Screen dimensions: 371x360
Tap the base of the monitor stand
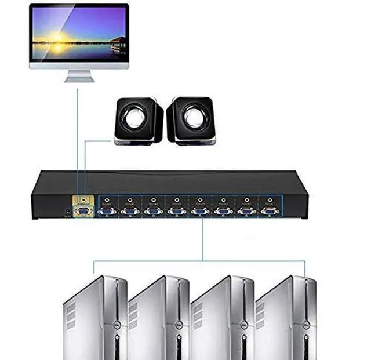tap(79, 79)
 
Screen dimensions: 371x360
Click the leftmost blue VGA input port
tap(107, 212)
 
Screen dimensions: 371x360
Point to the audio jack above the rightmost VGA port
tap(270, 199)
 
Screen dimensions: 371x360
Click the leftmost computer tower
tap(96, 316)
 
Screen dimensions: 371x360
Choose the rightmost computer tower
tap(287, 316)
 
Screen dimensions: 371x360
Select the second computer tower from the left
tap(159, 316)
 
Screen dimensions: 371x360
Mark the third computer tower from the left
tap(223, 316)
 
